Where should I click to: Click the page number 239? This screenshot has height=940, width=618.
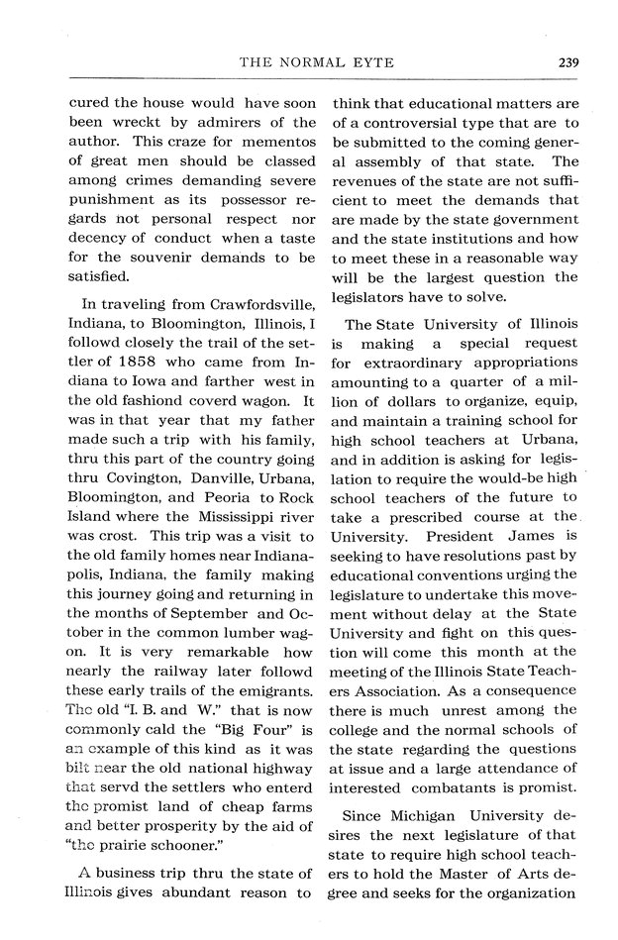[x=567, y=62]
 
